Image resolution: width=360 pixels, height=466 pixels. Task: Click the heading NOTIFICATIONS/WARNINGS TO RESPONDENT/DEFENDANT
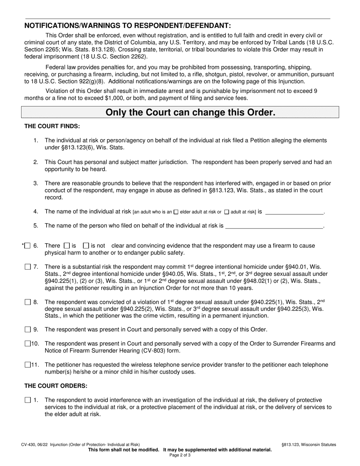coord(127,26)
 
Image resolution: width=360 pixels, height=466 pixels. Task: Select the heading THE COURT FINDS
coord(52,126)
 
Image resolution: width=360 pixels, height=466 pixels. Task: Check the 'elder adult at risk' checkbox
coord(176,212)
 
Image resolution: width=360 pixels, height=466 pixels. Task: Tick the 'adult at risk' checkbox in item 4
coord(227,212)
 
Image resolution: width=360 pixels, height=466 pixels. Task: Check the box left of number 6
coord(27,246)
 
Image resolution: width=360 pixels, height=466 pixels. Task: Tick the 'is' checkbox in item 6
coord(67,246)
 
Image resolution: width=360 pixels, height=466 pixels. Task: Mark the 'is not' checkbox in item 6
coord(86,246)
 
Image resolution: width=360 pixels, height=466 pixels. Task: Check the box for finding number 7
coord(27,267)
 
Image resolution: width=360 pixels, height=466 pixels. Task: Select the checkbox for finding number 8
coord(27,302)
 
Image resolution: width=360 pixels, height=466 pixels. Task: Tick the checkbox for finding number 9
coord(27,330)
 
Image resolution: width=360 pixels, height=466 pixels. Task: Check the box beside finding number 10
coord(27,344)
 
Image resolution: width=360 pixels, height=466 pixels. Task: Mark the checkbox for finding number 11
coord(27,365)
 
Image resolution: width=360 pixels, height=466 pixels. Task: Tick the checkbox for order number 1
coord(27,400)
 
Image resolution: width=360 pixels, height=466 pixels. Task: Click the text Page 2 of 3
coord(180,455)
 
